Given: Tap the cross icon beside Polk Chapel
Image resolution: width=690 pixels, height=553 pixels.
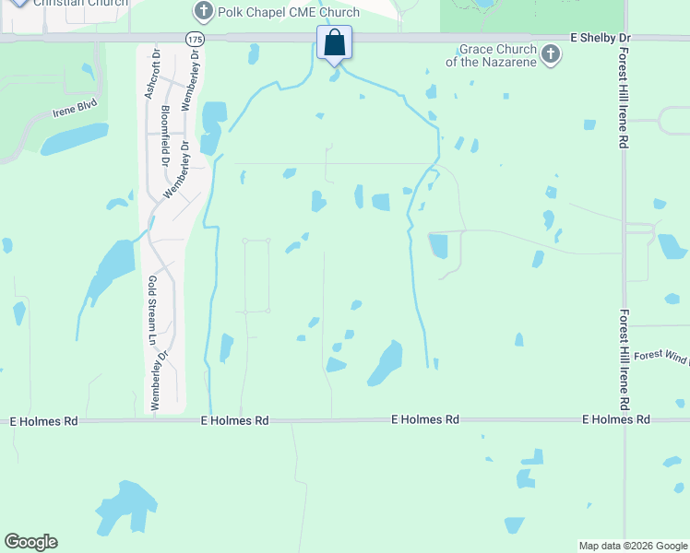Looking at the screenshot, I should point(203,12).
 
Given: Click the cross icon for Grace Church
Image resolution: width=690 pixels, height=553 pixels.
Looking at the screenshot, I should point(550,54).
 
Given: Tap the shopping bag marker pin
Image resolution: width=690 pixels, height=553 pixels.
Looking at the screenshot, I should point(334,43).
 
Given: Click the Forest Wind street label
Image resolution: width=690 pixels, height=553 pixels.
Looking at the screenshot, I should point(660,355).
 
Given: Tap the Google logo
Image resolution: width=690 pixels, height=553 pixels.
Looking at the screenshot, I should point(30,542).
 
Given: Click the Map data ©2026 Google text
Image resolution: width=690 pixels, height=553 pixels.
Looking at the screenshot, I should point(633,546).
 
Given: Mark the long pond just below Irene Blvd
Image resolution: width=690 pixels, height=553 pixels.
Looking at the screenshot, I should point(74,138).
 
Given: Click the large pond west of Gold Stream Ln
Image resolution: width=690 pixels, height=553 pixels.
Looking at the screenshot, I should point(111,268).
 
